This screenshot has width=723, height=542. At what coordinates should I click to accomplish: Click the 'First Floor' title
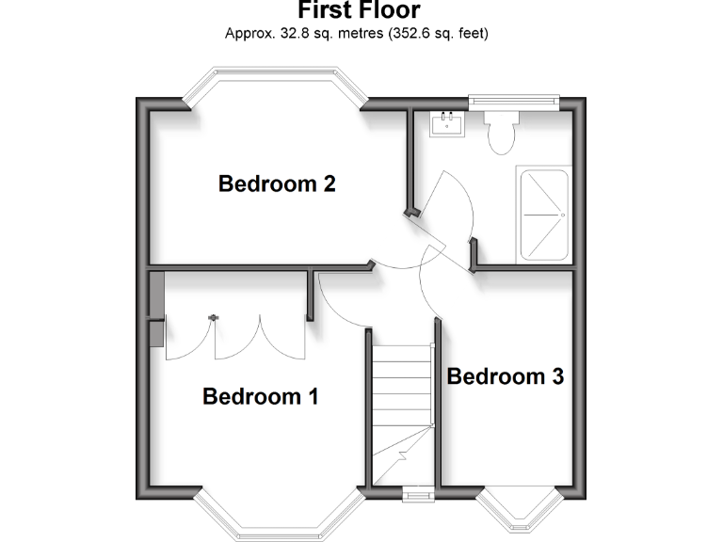coord(359,11)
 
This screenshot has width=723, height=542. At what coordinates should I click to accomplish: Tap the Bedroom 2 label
coord(277,183)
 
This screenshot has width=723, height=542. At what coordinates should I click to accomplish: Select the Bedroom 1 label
coord(261,397)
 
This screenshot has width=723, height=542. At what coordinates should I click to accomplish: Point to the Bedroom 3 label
coord(506,377)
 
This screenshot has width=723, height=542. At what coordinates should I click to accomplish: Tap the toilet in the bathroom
coord(501,130)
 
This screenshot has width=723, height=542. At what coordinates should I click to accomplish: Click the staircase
coord(402,414)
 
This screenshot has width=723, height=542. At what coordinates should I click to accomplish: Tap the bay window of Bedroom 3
coord(517,509)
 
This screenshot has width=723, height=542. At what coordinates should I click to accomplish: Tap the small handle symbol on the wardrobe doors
coord(214,319)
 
